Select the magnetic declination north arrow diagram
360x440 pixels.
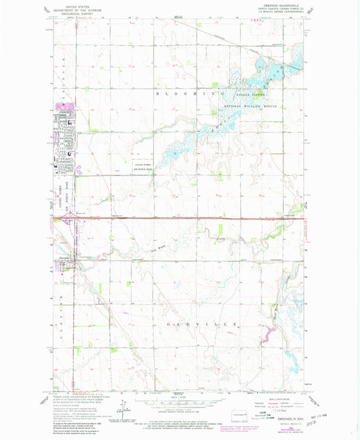(x=123, y=407)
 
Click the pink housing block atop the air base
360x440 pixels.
(x=66, y=107)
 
